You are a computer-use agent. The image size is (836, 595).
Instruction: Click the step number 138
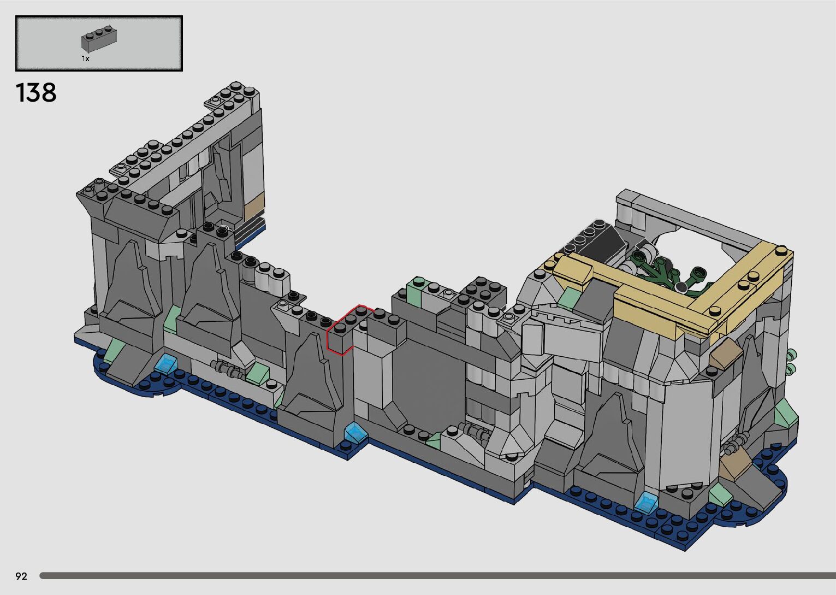click(36, 93)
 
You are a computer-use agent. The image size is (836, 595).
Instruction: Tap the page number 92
click(21, 576)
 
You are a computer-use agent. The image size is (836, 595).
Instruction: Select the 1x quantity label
click(86, 58)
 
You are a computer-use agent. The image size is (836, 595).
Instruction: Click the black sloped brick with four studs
click(594, 239)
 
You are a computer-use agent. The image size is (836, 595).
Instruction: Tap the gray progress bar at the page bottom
click(437, 576)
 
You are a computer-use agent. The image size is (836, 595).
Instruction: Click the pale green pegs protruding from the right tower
click(792, 362)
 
